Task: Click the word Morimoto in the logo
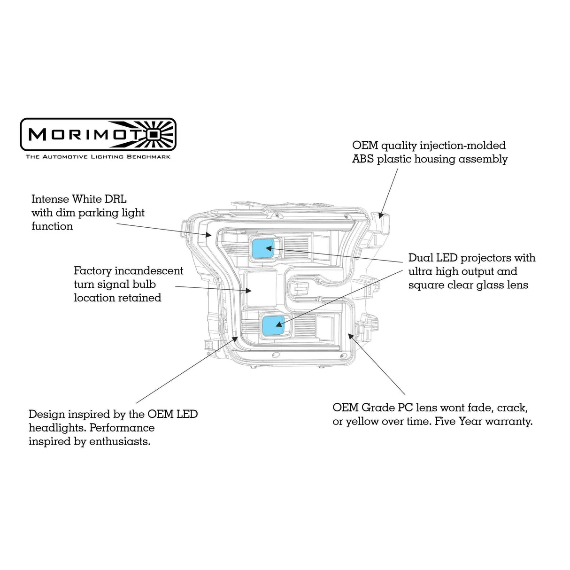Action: click(85, 134)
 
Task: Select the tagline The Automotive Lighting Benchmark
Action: click(98, 156)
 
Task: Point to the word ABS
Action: click(363, 159)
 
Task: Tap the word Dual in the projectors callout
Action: click(421, 258)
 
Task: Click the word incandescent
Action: click(149, 271)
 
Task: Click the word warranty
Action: click(509, 422)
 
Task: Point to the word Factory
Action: click(92, 271)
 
